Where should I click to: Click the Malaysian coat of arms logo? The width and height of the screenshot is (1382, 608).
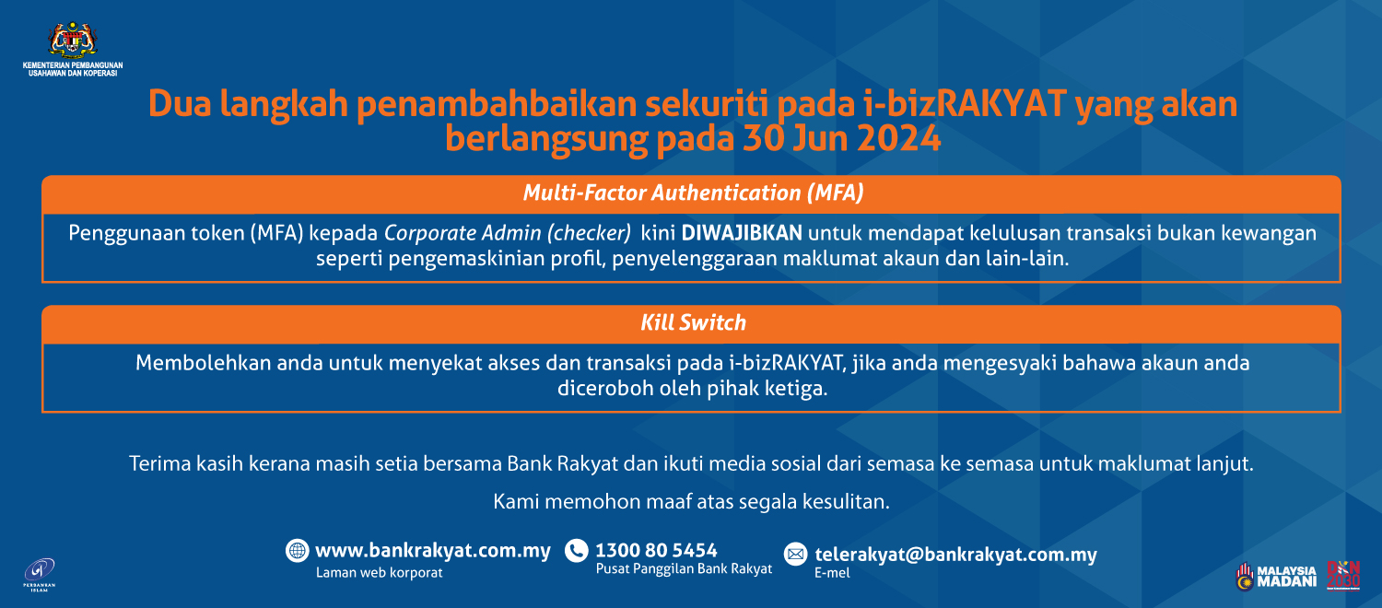coord(72,40)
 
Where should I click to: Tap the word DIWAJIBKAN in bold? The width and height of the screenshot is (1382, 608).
coord(742,233)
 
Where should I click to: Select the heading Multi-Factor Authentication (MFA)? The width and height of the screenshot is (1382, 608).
coord(692,193)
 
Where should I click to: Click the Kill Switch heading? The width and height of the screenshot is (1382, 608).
coord(692,322)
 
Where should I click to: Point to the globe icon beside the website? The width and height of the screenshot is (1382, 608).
coord(297,551)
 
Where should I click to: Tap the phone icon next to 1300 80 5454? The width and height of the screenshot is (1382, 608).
coord(577,551)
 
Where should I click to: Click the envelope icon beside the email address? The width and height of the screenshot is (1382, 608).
coord(795,555)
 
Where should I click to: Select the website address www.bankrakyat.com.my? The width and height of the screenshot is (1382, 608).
coord(433,551)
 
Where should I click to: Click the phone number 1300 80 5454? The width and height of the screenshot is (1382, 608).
coord(657,551)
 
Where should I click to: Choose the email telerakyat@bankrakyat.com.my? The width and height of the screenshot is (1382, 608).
coord(955,555)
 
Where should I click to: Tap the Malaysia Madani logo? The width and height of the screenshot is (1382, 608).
coord(1276,576)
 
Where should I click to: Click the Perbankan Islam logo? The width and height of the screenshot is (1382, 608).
coord(40,573)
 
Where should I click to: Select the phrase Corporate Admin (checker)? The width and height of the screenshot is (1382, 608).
coord(508,233)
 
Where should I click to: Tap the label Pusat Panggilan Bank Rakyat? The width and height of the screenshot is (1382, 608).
coord(684,569)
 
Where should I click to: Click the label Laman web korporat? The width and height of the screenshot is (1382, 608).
coord(379,572)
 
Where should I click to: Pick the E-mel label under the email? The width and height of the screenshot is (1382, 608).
coord(832,573)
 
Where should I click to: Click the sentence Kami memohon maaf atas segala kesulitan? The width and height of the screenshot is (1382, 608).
coord(692,502)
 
